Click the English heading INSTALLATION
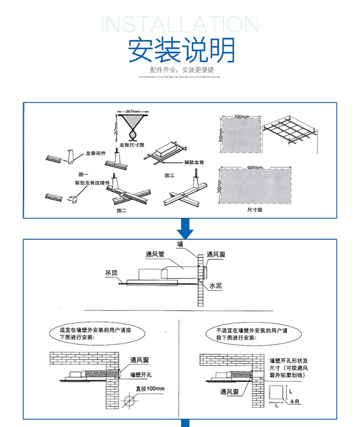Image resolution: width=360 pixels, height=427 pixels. coord(180,25)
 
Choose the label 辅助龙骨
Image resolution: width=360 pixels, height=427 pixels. coord(194,162)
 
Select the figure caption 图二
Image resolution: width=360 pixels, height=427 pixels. coord(121,211)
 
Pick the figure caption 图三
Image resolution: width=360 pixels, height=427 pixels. coord(169,175)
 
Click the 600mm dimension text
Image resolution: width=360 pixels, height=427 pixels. coord(255,167)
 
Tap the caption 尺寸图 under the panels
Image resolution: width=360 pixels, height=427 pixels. coord(255,210)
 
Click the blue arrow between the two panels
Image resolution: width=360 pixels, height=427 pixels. coord(185,229)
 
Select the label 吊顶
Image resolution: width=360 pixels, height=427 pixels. coord(111,273)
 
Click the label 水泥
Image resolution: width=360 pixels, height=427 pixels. coord(216,286)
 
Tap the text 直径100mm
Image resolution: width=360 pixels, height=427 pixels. coord(150,389)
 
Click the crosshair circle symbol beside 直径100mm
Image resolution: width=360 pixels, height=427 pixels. coord(130,401)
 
